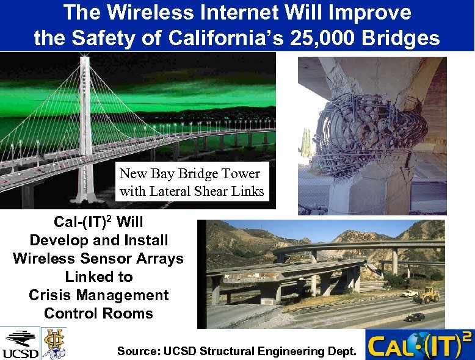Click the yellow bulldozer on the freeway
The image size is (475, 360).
(x=430, y=295)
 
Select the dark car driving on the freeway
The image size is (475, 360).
(x=415, y=317)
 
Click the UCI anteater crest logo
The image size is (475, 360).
(x=53, y=343)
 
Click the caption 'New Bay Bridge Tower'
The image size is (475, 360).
(x=190, y=174)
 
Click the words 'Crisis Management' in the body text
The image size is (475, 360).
(x=98, y=295)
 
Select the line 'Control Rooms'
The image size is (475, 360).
(x=98, y=314)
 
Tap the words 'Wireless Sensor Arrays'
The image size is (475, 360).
(x=98, y=259)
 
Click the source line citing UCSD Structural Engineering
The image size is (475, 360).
(x=236, y=351)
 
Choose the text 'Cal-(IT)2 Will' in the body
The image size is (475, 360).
(x=98, y=222)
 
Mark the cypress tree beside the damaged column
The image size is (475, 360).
(x=306, y=143)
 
